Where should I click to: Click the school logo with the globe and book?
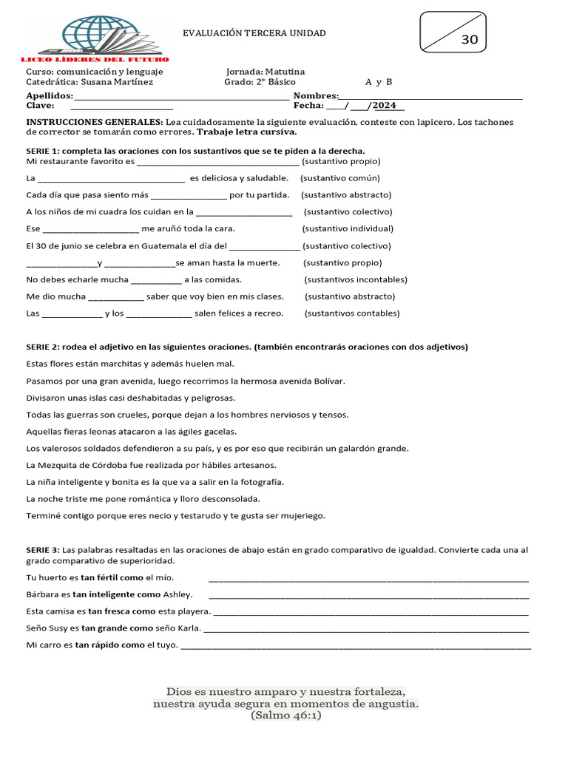94,37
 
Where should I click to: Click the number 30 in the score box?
469,40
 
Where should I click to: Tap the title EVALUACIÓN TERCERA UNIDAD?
254,33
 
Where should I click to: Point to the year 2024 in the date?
389,106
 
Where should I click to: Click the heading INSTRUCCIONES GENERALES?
95,121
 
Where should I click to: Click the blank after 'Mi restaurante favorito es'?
218,161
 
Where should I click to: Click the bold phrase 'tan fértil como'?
112,577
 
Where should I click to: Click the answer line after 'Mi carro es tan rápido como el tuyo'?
355,646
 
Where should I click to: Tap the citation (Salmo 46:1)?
285,716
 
